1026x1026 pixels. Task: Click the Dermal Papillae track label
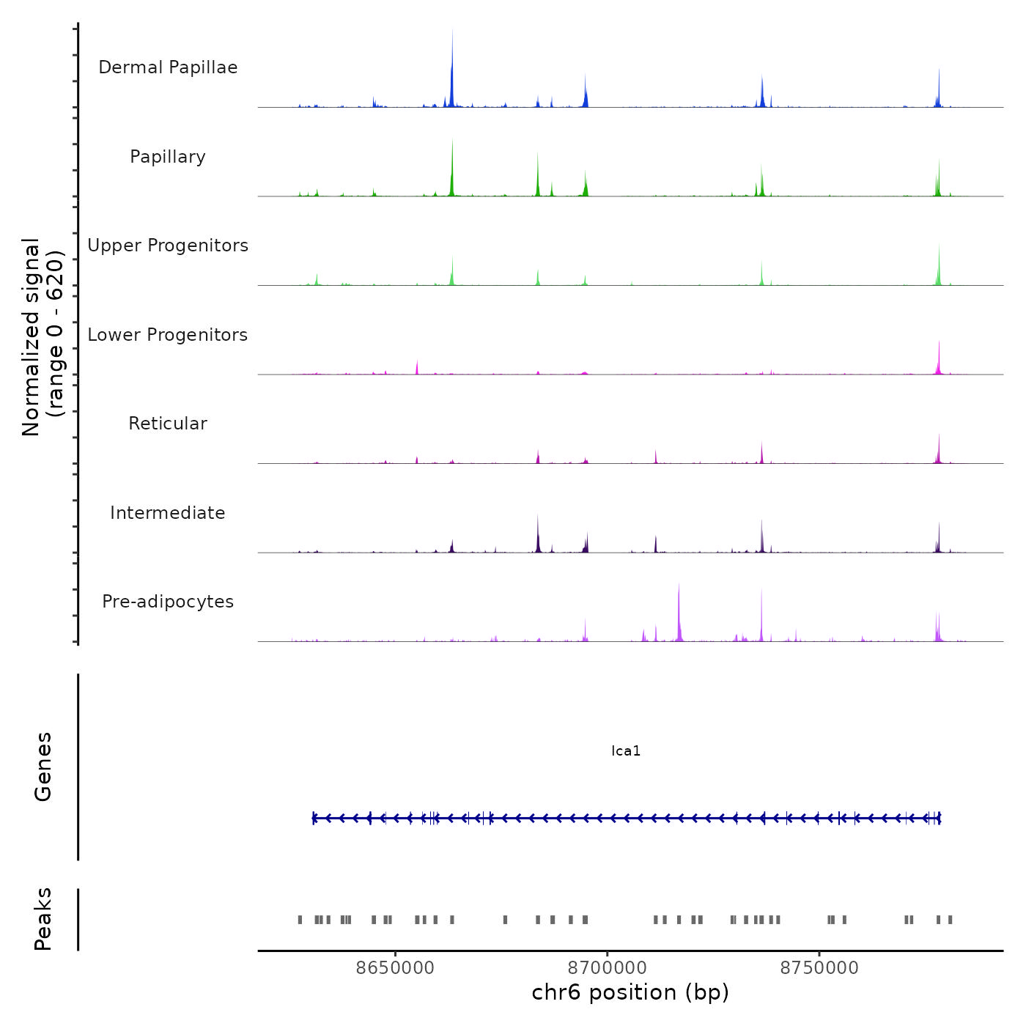coord(168,67)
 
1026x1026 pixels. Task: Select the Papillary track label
coord(168,157)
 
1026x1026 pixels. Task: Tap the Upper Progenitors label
coord(168,246)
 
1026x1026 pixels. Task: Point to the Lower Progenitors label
coord(168,335)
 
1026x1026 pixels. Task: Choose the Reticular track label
coord(168,424)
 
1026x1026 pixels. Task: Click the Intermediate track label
coord(168,513)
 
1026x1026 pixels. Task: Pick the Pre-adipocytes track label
coord(168,602)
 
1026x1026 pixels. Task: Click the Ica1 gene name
coord(626,751)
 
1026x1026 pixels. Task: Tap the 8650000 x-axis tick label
coord(395,968)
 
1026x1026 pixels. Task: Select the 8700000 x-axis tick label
coord(608,968)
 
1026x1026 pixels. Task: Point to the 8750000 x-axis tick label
coord(819,968)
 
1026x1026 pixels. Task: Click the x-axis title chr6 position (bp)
coord(630,992)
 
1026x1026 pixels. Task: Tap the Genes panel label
coord(43,767)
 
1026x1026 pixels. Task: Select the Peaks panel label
coord(43,919)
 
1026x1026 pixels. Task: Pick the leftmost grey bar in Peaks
coord(300,920)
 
